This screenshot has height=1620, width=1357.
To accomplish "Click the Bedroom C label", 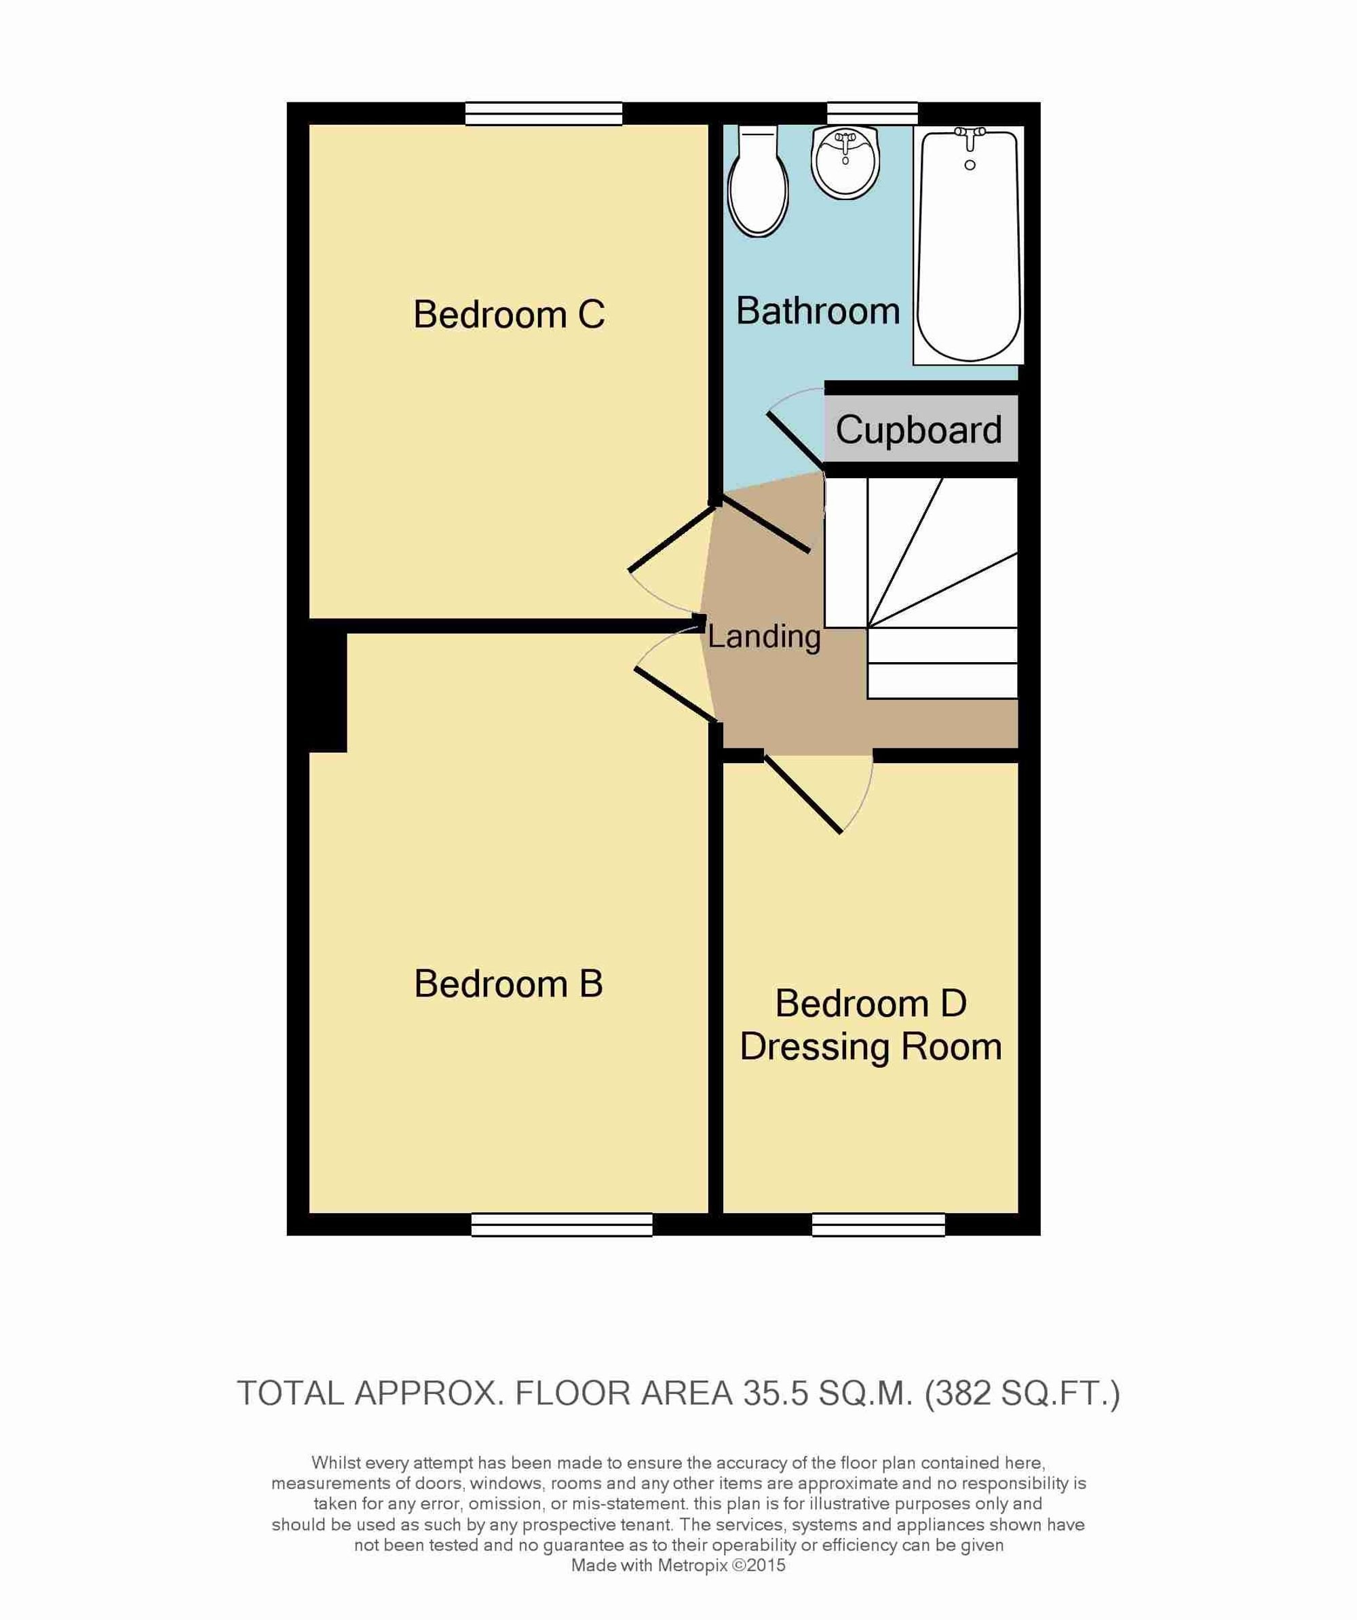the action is (x=508, y=314).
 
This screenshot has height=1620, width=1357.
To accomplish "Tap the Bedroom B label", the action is (x=508, y=984).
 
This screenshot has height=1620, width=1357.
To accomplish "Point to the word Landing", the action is (x=764, y=637).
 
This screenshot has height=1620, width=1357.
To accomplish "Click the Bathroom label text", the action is (x=818, y=311).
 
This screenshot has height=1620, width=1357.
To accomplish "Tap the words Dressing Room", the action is (x=871, y=1047).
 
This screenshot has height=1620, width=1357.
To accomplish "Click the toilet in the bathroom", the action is (x=759, y=181).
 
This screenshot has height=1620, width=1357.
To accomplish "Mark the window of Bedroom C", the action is (x=544, y=114).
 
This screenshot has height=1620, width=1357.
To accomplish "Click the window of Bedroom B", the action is (x=562, y=1225).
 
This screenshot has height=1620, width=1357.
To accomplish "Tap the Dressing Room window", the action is (x=879, y=1225).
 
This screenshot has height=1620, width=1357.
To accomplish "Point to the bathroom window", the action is (x=873, y=113).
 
